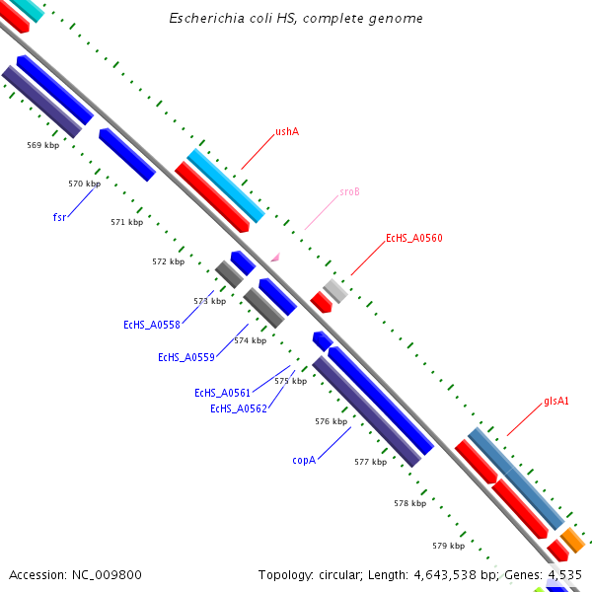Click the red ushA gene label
pyautogui.click(x=287, y=131)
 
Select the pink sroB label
pyautogui.click(x=349, y=191)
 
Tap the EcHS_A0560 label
pyautogui.click(x=413, y=238)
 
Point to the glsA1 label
pyautogui.click(x=556, y=402)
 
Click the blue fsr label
pyautogui.click(x=59, y=216)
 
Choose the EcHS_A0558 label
pyautogui.click(x=152, y=325)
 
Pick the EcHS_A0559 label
pyautogui.click(x=186, y=357)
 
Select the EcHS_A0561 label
pyautogui.click(x=222, y=393)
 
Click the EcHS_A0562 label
pyautogui.click(x=238, y=408)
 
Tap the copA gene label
pyautogui.click(x=304, y=460)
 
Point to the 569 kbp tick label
pyautogui.click(x=42, y=146)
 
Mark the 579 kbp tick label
pyautogui.click(x=448, y=546)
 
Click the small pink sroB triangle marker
pyautogui.click(x=275, y=258)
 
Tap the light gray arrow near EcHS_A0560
pyautogui.click(x=336, y=290)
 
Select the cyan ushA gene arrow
pyautogui.click(x=226, y=185)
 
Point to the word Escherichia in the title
pyautogui.click(x=203, y=19)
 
